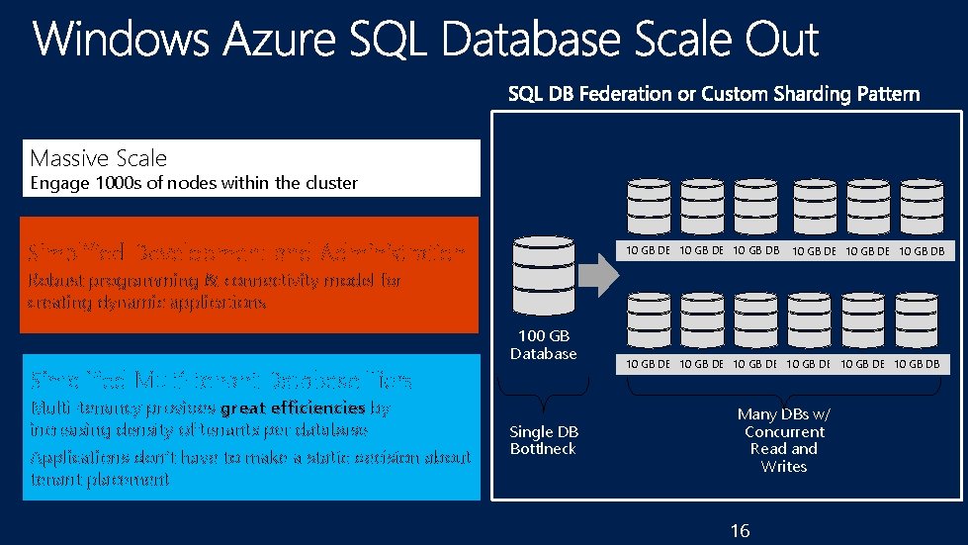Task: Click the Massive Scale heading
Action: [99, 158]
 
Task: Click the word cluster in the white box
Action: [331, 182]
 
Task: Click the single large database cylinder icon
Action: [541, 276]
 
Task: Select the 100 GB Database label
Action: [543, 345]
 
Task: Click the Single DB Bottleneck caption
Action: [543, 440]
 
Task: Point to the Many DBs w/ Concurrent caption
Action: [784, 423]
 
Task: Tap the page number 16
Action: [740, 531]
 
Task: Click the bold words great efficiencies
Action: [293, 408]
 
